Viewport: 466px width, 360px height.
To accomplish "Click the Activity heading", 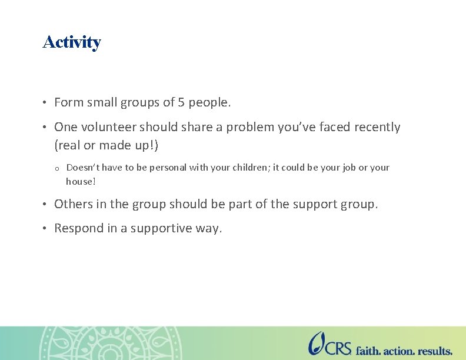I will click(x=72, y=42).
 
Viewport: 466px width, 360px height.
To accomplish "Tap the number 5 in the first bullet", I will click(x=182, y=102).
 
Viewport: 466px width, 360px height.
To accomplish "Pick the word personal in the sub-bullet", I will click(x=169, y=168).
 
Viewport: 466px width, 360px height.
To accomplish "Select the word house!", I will click(x=81, y=182).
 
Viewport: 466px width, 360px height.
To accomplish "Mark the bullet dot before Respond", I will click(x=45, y=228).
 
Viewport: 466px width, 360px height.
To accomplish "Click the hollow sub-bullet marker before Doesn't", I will click(x=56, y=169).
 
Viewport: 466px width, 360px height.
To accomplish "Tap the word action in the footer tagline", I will click(x=400, y=351).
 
